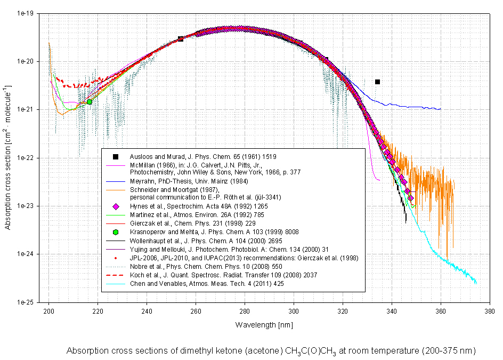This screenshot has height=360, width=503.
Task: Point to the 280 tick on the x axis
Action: tap(245, 302)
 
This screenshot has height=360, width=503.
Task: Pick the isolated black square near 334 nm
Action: tap(377, 82)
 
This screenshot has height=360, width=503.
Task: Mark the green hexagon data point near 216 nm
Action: tap(90, 101)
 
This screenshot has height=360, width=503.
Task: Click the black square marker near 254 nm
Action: tap(181, 39)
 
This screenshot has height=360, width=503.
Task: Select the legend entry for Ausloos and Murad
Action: tap(203, 156)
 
